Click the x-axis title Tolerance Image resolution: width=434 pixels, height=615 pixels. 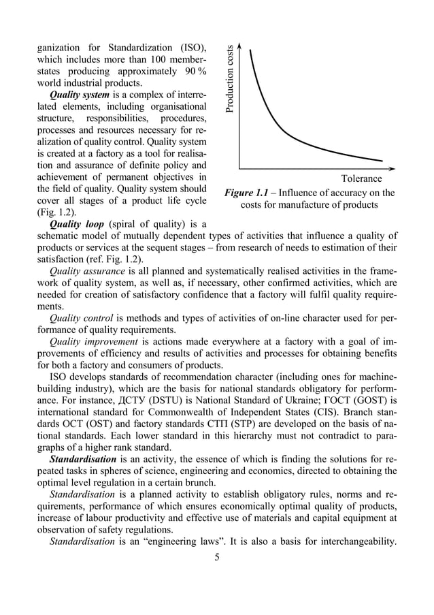click(x=361, y=179)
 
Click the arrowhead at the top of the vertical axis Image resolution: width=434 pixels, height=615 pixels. click(x=240, y=48)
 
